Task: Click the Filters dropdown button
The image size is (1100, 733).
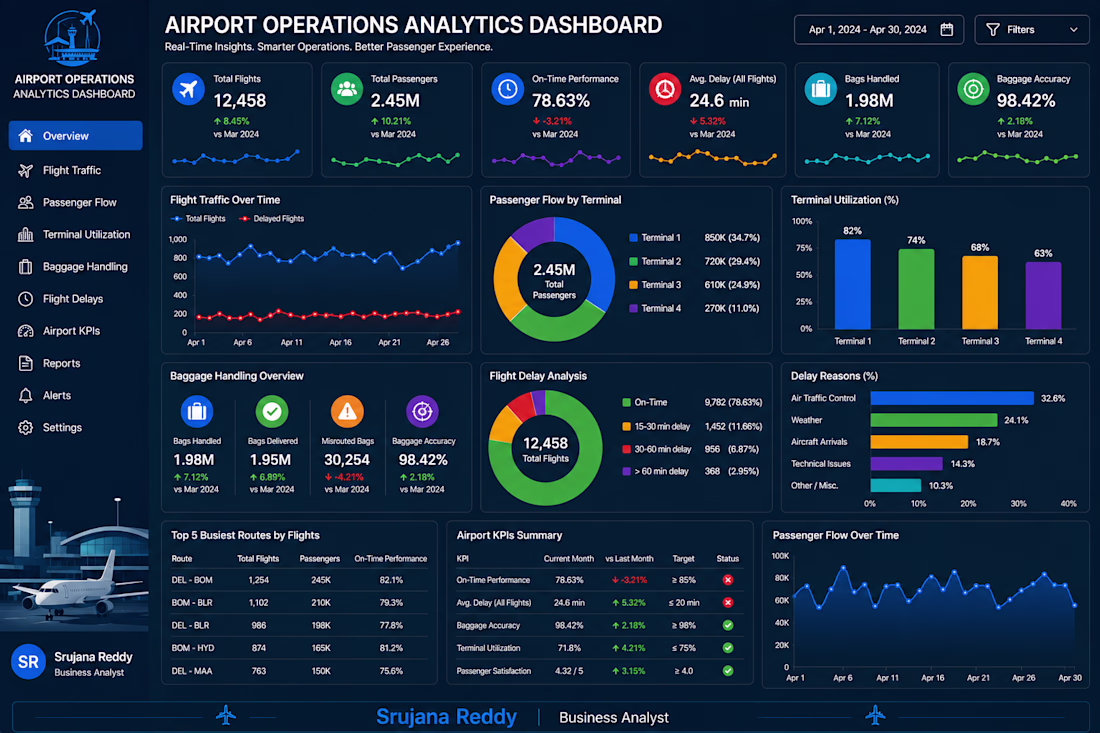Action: [x=1031, y=29]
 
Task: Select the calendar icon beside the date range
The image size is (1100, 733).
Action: [x=946, y=29]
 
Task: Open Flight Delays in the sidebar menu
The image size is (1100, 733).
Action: [x=72, y=299]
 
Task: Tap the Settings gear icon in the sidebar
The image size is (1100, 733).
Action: [x=25, y=427]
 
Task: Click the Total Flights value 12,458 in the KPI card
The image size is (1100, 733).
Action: [x=240, y=100]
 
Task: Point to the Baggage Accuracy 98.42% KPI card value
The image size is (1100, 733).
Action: [x=1026, y=100]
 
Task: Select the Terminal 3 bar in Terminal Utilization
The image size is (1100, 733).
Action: [x=979, y=292]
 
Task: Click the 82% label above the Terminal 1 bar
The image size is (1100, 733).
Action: [x=852, y=231]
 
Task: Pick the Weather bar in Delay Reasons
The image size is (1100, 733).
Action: [x=933, y=420]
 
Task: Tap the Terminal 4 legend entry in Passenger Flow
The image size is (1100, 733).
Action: [x=655, y=308]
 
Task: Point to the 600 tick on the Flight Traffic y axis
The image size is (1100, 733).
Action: [x=180, y=276]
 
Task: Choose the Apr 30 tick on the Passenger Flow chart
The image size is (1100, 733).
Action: [x=1069, y=678]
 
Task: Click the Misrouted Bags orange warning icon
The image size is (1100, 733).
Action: [x=347, y=411]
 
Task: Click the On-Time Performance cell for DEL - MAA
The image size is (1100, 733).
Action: [x=391, y=671]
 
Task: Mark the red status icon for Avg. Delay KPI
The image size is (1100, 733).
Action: [x=727, y=603]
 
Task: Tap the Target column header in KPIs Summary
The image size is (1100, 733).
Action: [x=683, y=559]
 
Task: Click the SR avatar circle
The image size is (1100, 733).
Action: [x=29, y=661]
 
